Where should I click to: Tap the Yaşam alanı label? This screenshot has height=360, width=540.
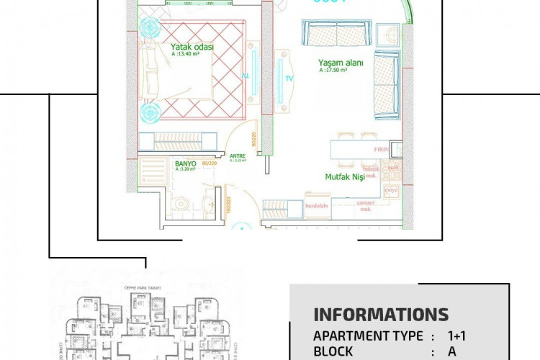click(x=341, y=63)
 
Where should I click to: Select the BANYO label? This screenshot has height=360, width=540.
click(x=186, y=163)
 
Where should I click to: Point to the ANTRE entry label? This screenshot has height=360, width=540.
click(x=238, y=155)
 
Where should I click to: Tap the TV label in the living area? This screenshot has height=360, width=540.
click(x=289, y=78)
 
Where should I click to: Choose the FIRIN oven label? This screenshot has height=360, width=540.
click(x=382, y=149)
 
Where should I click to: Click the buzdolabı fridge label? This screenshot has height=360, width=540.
click(x=318, y=205)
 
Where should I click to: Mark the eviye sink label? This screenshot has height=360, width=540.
click(x=392, y=189)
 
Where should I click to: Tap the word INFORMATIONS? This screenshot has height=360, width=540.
click(x=381, y=315)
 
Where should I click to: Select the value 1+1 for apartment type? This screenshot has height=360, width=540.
click(x=457, y=336)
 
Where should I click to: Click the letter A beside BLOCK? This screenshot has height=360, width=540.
click(x=452, y=351)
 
